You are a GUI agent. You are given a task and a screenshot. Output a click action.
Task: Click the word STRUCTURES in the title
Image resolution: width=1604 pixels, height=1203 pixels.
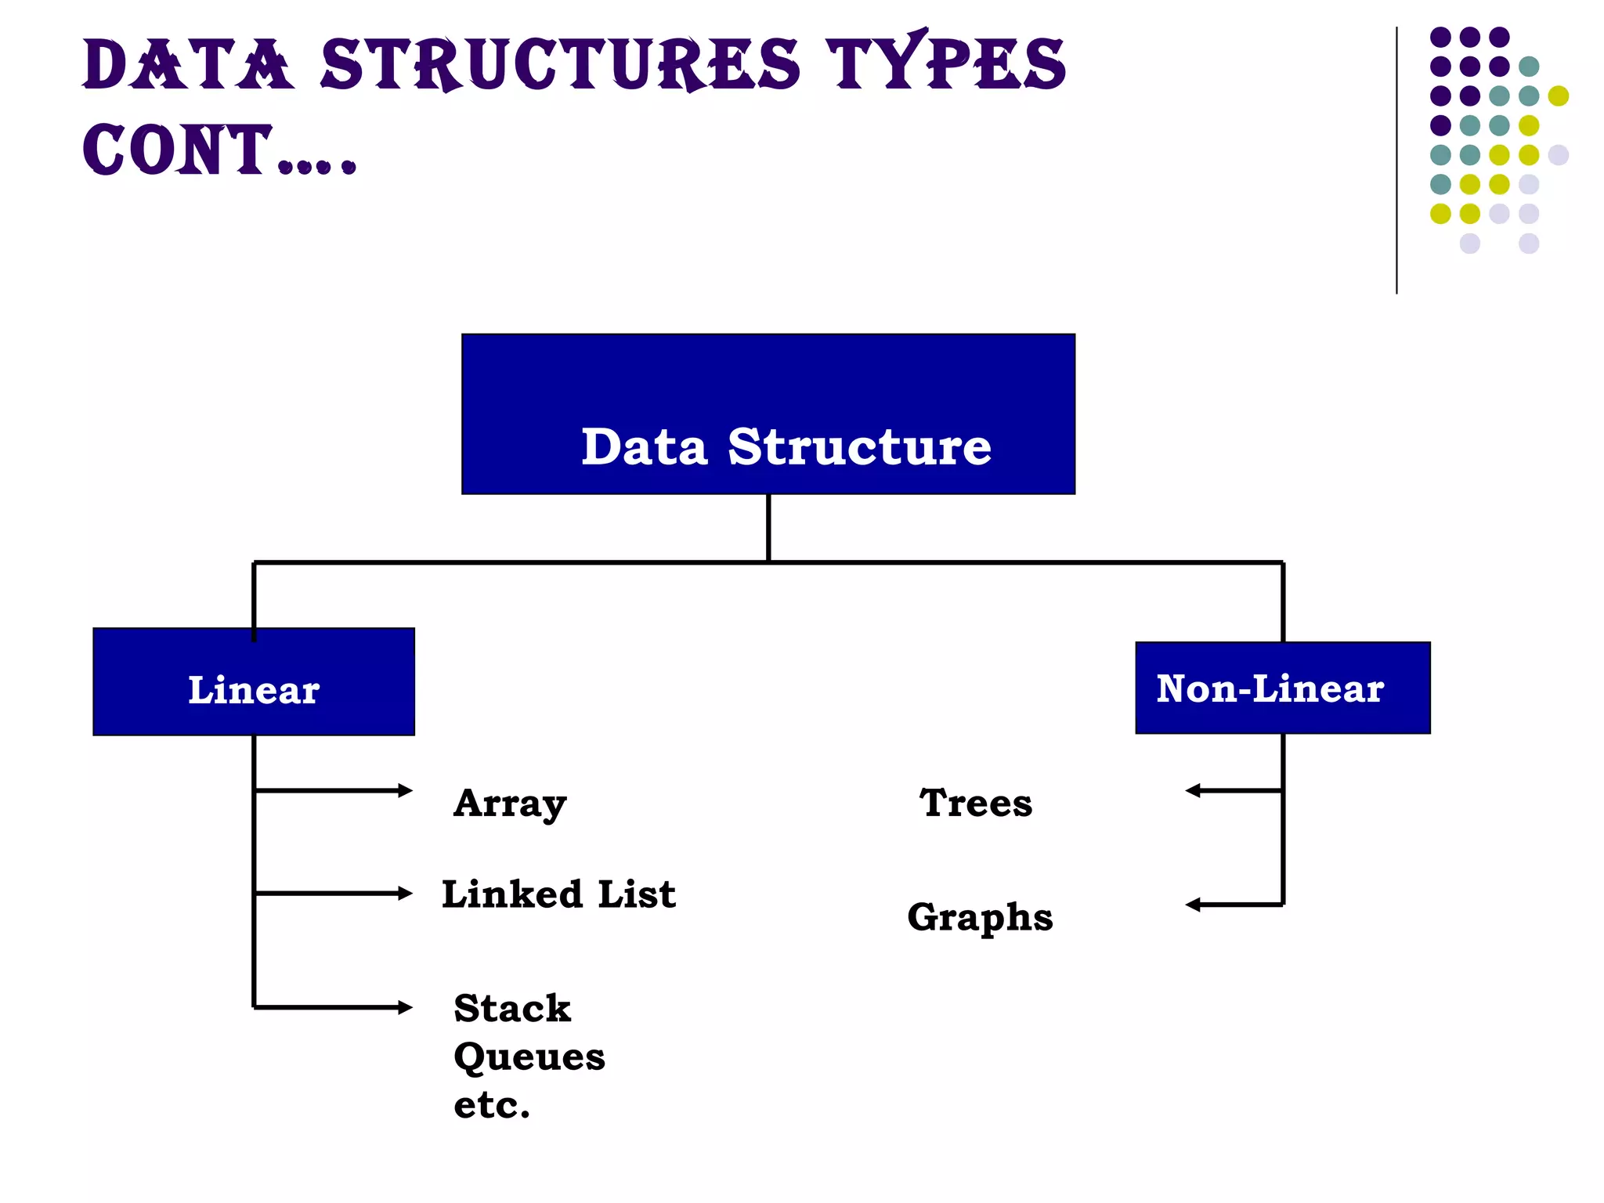560,64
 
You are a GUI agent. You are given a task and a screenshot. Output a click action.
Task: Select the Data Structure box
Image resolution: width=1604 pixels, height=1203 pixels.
768,414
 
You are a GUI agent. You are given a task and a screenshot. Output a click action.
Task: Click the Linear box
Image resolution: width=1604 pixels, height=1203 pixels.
253,681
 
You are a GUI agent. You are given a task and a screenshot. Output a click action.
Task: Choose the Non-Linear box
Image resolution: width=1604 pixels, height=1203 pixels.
1282,688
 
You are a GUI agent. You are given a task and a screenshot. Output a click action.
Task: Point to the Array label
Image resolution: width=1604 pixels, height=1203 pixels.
510,803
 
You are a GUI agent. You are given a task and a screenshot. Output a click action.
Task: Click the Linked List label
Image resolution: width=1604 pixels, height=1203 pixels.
558,894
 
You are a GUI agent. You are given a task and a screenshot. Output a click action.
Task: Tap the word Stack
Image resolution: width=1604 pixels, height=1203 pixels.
512,1008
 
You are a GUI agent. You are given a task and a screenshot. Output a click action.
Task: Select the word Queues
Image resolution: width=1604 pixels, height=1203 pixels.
529,1057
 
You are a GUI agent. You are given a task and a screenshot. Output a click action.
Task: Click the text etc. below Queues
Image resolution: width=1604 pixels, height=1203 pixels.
492,1105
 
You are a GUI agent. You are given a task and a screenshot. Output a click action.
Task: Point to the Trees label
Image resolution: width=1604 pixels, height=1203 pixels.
976,803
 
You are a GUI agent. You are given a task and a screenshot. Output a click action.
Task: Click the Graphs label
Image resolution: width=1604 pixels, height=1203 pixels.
980,917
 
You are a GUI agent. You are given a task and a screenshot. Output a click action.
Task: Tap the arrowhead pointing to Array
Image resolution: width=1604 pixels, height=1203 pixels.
406,790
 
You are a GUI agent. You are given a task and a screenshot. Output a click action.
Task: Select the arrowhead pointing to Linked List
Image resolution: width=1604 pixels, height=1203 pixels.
406,893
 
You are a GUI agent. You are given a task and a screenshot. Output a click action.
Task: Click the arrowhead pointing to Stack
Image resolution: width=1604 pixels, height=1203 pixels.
406,1007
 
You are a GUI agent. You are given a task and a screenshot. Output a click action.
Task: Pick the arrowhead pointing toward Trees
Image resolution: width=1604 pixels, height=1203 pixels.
1192,790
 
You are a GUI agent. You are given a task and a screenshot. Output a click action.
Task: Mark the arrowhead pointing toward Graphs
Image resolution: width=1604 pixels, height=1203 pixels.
1192,905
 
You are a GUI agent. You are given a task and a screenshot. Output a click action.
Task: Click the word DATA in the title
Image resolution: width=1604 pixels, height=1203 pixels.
188,64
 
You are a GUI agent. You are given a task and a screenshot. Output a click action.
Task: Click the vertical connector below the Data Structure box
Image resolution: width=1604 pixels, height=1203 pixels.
768,527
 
